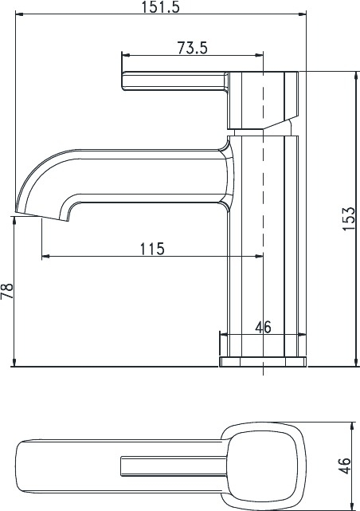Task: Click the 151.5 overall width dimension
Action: click(160, 7)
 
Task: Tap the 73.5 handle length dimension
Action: click(192, 49)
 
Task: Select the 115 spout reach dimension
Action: click(152, 249)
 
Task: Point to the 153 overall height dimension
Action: click(349, 218)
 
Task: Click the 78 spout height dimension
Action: click(7, 291)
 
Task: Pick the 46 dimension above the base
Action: click(263, 327)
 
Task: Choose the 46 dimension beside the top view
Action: click(345, 466)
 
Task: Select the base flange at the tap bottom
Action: click(263, 362)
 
